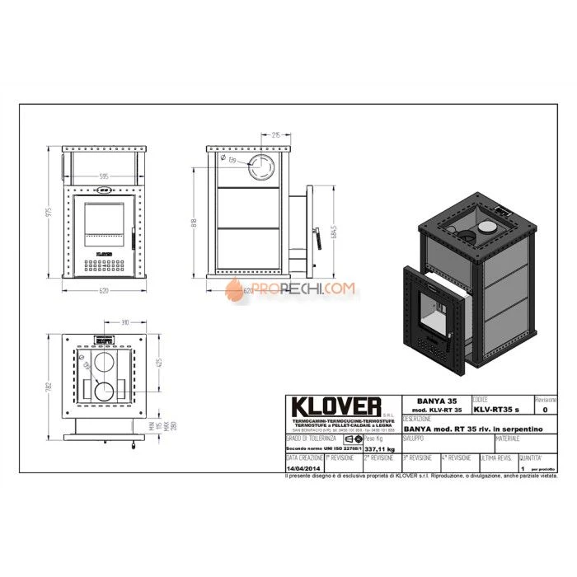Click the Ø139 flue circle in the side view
click(x=265, y=167)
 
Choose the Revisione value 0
click(x=544, y=408)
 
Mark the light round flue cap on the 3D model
click(x=488, y=225)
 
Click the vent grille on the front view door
click(x=104, y=267)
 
